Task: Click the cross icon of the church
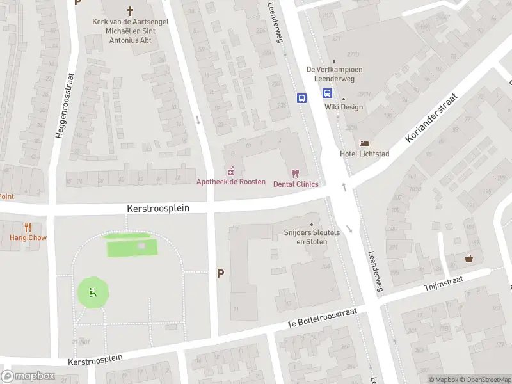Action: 131,10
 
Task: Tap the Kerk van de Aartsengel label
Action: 131,29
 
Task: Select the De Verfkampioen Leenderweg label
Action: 334,74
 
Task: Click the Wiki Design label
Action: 344,107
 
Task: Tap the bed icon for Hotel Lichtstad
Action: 365,143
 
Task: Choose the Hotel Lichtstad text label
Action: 364,154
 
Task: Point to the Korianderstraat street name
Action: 433,118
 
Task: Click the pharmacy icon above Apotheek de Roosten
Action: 231,172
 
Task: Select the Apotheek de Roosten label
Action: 230,182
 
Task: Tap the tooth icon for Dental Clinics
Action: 295,173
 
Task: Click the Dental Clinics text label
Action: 296,184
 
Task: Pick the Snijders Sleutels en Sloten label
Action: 312,237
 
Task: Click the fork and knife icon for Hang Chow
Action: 28,227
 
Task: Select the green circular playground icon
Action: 93,294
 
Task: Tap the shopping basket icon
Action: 469,259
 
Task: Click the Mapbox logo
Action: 28,376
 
